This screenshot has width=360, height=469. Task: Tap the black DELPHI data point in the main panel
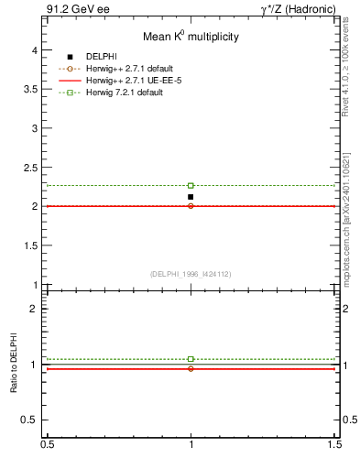tap(191, 197)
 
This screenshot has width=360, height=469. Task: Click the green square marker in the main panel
tap(191, 186)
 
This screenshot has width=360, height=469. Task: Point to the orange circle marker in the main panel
tap(191, 206)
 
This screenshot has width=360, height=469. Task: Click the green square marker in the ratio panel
tap(191, 359)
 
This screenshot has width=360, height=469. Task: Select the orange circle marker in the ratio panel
tap(191, 368)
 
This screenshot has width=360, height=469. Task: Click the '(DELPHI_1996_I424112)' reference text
tap(191, 274)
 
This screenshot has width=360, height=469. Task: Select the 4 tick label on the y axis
tap(35, 51)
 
